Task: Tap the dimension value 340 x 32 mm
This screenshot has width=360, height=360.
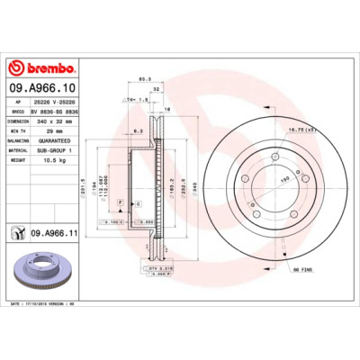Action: tap(52, 121)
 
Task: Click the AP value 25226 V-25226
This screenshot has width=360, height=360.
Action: tap(55, 103)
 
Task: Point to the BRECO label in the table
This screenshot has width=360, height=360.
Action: tap(15, 111)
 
